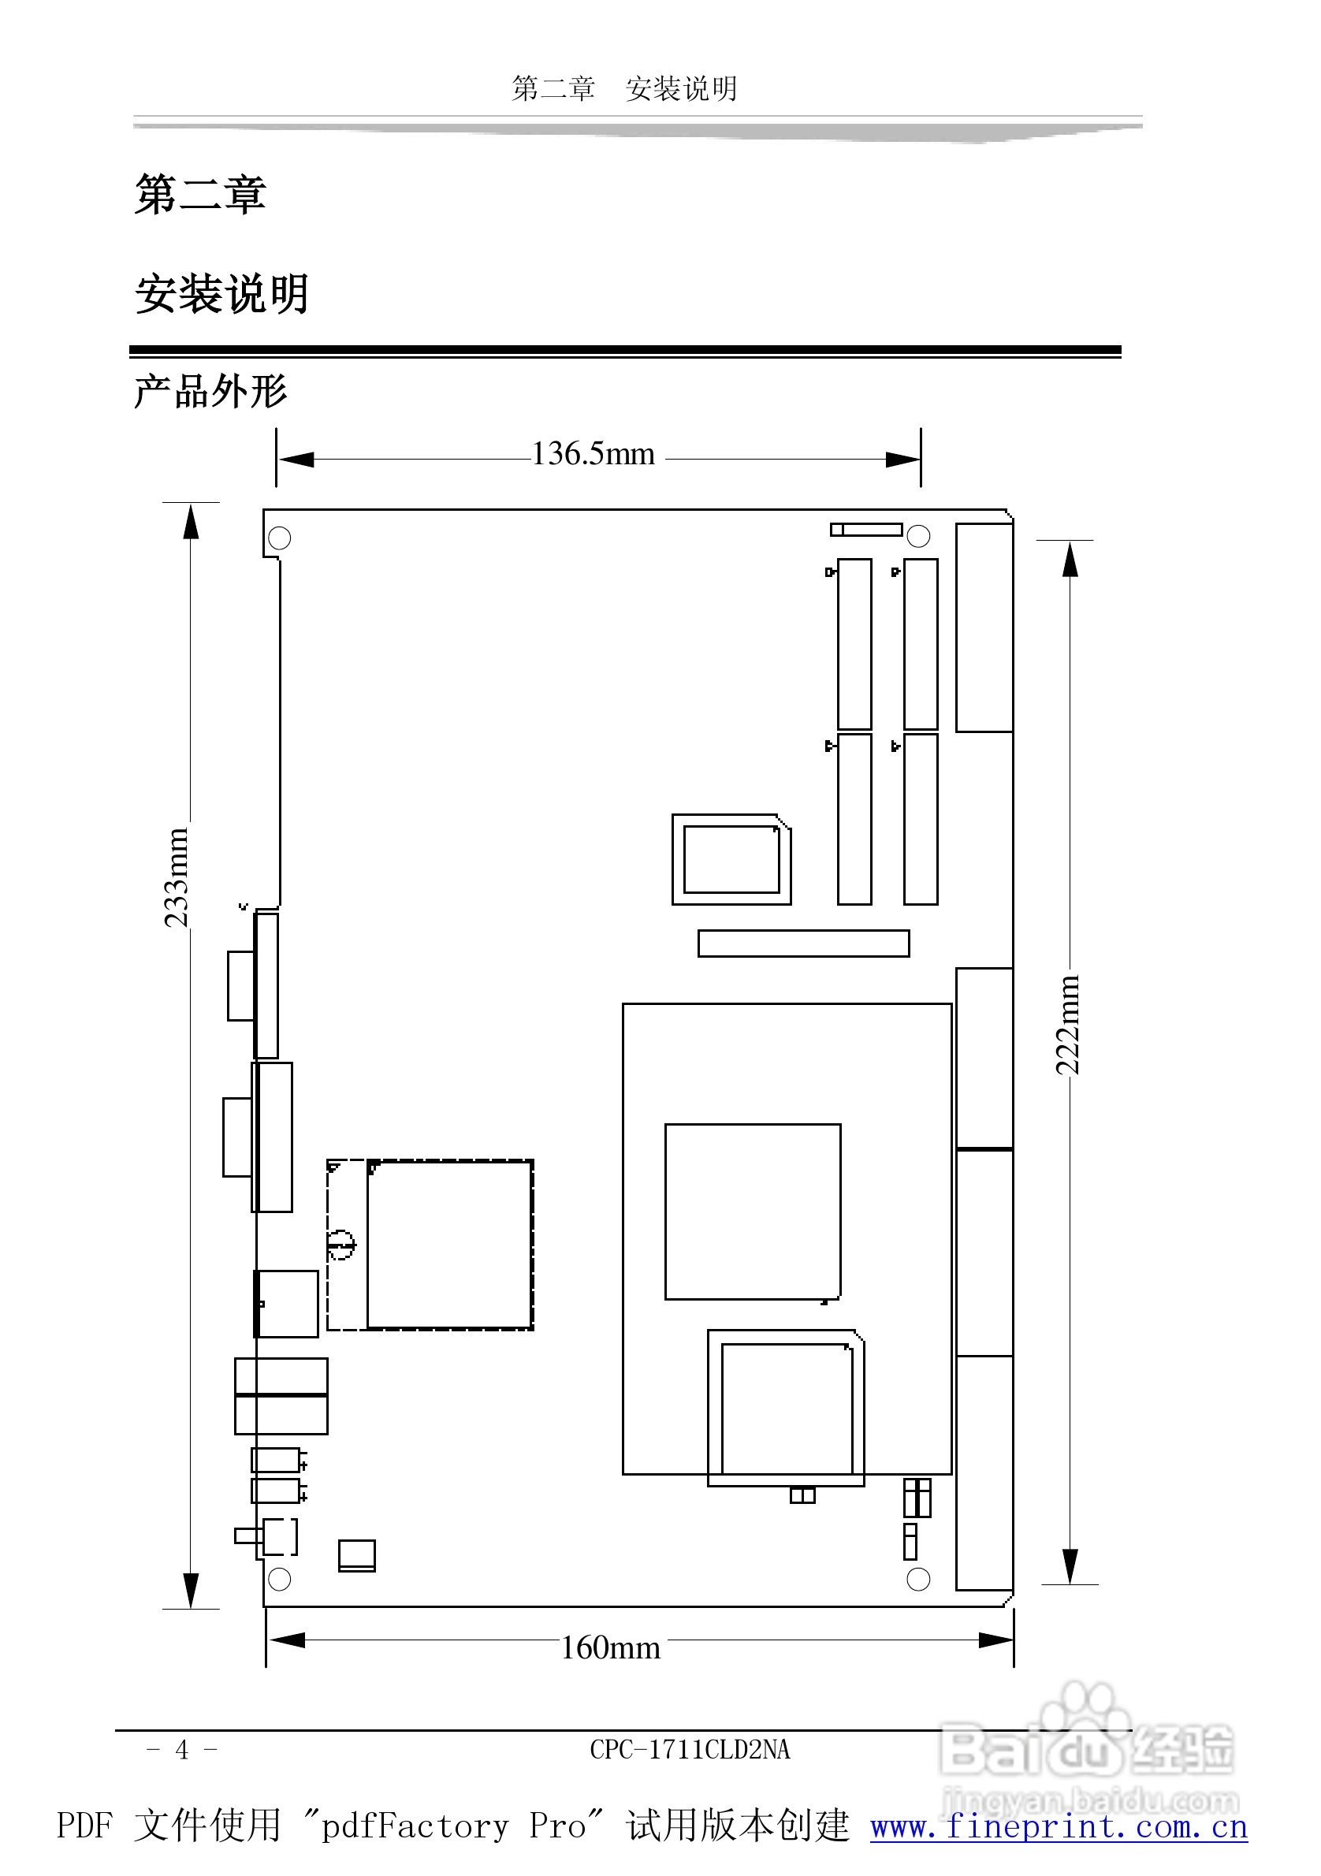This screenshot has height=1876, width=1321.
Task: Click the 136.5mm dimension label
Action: [593, 453]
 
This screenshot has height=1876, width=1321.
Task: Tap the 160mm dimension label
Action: [610, 1647]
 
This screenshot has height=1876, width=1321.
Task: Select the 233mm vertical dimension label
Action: [177, 877]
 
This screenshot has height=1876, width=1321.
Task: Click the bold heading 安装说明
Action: [221, 294]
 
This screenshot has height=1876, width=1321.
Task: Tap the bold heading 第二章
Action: [200, 195]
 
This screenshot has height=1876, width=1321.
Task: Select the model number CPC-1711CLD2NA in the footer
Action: [690, 1749]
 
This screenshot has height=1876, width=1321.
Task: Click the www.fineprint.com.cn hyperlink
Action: [1059, 1826]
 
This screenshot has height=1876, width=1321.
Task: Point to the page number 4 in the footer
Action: [181, 1749]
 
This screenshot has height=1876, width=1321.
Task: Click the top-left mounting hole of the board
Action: [279, 538]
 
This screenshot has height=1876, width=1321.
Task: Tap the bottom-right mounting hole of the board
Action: [918, 1580]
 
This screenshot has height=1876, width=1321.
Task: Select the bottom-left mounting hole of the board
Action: [279, 1580]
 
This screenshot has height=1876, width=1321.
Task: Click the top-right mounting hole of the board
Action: [918, 536]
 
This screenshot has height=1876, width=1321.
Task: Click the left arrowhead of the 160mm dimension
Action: [287, 1640]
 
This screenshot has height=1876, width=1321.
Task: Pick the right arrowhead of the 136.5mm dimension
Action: [902, 460]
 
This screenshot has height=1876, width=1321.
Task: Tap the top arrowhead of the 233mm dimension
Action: [191, 523]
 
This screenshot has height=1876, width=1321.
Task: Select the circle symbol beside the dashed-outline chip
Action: [340, 1245]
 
